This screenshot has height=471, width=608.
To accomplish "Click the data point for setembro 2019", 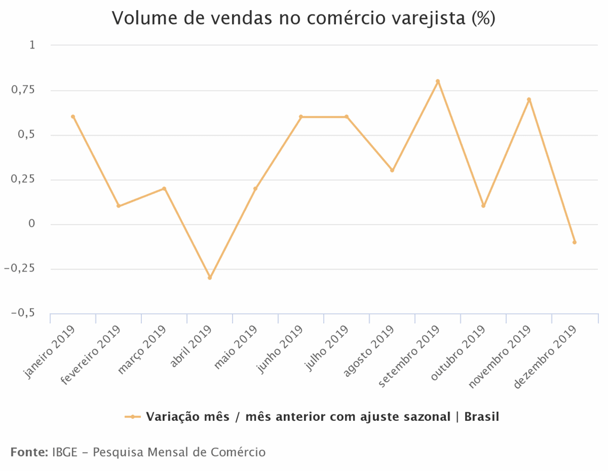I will (437, 82).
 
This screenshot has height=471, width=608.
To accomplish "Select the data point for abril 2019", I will (210, 278).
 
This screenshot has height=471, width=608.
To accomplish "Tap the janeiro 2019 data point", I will (73, 117).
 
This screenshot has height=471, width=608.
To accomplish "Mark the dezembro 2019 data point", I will (574, 242).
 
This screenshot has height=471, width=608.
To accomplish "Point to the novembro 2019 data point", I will (529, 100).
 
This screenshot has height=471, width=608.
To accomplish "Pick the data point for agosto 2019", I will (392, 171).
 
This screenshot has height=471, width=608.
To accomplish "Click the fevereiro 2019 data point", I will (118, 206).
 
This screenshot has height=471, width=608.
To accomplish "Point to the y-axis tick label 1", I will (32, 45).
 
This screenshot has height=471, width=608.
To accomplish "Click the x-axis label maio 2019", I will (235, 349).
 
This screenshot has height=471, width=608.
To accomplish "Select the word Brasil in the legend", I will (482, 417).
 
